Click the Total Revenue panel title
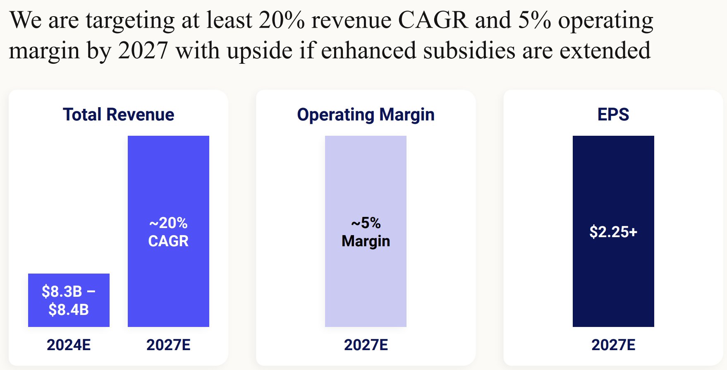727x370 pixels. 118,115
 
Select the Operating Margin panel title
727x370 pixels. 366,115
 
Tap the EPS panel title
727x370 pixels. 613,115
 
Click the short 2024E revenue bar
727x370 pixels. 69,300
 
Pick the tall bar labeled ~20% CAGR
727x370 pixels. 168,231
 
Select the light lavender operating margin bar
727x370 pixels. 366,231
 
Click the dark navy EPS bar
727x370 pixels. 613,231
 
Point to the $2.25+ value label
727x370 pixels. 613,232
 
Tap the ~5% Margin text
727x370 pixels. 366,232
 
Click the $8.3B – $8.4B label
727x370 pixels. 69,300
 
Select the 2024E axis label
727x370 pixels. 69,345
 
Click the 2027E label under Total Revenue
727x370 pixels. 168,345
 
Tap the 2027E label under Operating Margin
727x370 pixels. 366,345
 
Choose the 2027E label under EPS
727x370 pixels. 613,345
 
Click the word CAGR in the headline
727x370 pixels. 433,20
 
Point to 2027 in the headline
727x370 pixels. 143,50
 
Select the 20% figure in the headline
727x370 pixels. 282,20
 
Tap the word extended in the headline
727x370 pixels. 605,50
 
